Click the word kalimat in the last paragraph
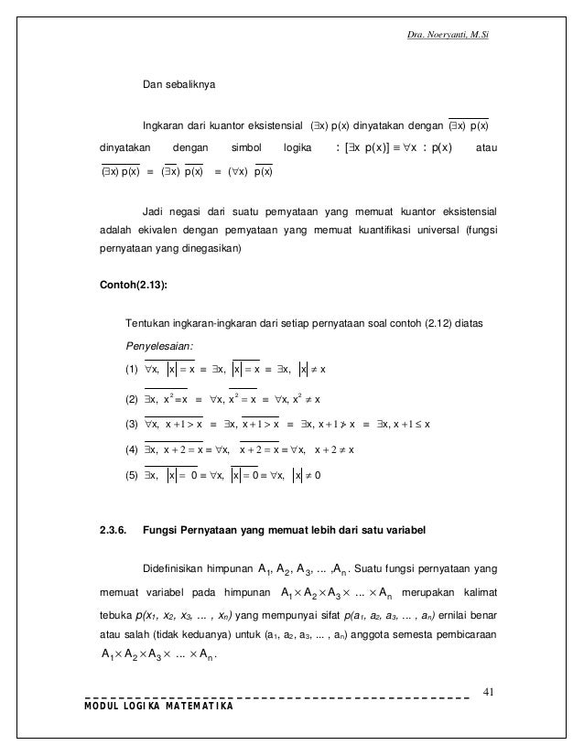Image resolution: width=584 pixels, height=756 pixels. click(x=477, y=590)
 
